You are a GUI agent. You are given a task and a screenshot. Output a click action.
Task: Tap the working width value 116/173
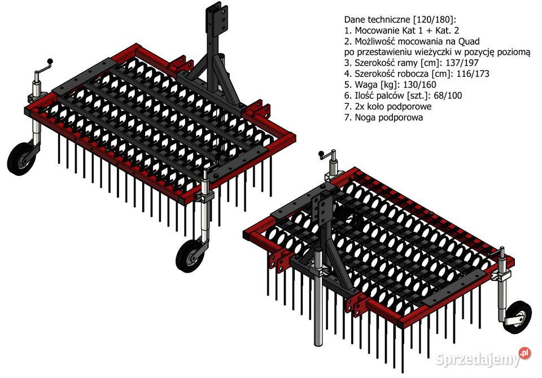[x=473, y=73]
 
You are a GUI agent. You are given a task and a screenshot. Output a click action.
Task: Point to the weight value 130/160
[x=419, y=85]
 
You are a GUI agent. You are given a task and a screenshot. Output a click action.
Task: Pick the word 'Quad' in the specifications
[x=469, y=41]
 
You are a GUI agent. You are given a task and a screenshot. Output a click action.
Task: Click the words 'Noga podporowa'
[x=389, y=117]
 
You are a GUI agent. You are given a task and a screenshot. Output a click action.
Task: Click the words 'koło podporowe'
[x=399, y=107]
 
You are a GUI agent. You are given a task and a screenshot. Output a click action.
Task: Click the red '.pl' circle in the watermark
[x=524, y=353]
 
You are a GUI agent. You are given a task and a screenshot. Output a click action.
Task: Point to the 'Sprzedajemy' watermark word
[x=478, y=359]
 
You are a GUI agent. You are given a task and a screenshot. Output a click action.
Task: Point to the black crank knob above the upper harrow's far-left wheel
[x=50, y=61]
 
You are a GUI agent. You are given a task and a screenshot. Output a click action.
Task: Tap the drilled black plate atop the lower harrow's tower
[x=322, y=207]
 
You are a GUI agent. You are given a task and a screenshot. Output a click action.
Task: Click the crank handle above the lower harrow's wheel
[x=501, y=254]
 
